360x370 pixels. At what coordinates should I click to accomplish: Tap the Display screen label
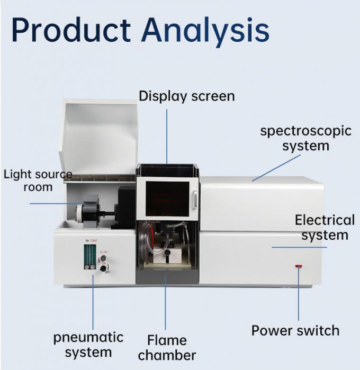186,96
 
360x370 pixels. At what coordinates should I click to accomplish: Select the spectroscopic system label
305,138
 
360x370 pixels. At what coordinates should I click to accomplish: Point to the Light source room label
38,181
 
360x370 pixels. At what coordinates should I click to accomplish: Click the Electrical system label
325,227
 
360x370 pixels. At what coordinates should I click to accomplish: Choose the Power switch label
295,331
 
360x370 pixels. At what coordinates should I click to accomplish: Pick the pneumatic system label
88,345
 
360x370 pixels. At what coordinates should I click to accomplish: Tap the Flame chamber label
167,347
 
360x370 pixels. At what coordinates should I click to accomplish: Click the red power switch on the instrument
299,266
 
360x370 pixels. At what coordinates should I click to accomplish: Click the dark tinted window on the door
167,199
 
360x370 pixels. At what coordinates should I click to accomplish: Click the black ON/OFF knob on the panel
103,269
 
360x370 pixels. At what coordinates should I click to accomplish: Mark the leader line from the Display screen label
167,135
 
